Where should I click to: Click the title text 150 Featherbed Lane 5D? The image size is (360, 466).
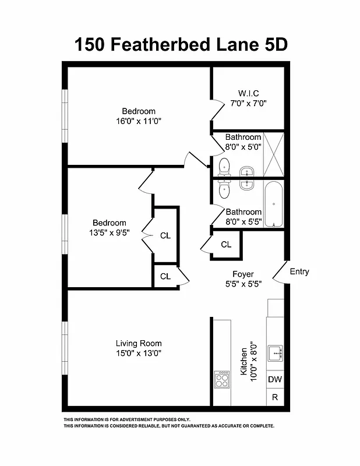pos(181,44)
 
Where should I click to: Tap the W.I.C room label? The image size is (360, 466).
pos(248,93)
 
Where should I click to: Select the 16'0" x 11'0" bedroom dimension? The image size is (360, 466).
pos(139,121)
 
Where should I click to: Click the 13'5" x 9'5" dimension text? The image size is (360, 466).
pos(110,232)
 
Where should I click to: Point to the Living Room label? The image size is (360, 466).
pos(139,343)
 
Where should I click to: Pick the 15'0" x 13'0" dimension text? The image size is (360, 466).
pos(139,353)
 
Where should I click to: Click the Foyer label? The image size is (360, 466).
pos(243,274)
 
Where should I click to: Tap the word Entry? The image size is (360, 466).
pos(299,271)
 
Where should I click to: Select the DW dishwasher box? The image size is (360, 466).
pos(275,380)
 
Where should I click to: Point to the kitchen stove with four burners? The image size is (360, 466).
pos(222,380)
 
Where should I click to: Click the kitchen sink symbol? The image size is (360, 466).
pos(275,353)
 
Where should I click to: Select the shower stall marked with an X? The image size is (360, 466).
pos(273,154)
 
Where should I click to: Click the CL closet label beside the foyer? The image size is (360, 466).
pos(226,245)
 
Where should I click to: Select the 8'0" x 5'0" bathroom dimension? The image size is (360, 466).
pos(243,147)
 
